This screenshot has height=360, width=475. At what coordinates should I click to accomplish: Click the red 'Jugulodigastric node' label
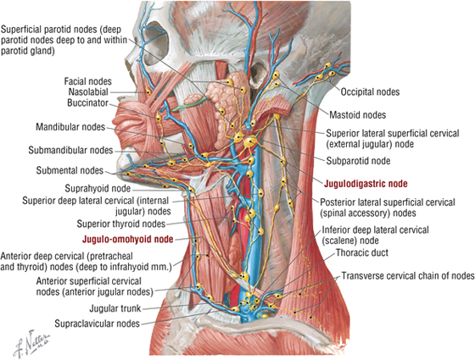(366, 183)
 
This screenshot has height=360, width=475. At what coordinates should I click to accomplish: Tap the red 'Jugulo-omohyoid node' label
(127, 239)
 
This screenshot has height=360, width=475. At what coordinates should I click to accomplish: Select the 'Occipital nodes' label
(370, 91)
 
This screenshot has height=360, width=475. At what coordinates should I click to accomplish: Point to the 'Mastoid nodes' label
(357, 114)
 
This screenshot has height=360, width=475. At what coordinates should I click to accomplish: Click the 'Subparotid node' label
(358, 161)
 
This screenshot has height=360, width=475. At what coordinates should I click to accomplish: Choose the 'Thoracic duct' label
(362, 252)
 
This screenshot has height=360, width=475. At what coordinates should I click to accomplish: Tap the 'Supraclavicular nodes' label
(97, 324)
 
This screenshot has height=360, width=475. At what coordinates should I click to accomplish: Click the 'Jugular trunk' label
(115, 308)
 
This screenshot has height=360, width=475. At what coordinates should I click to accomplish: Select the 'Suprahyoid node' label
(98, 189)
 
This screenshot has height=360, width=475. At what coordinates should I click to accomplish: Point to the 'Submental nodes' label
(70, 170)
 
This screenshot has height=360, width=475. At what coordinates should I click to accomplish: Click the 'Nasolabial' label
(88, 91)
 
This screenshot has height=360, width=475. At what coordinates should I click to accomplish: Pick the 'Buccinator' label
(87, 102)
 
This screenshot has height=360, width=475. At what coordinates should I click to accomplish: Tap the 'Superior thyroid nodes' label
(120, 224)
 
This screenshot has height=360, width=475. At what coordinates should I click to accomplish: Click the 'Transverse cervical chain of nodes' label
(408, 276)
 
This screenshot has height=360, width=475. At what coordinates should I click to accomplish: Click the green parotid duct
(190, 102)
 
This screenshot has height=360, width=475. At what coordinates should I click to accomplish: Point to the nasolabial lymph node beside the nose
(148, 92)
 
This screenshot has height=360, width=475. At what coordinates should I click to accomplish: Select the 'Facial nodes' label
(88, 81)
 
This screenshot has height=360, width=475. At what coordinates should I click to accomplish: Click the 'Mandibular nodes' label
(70, 127)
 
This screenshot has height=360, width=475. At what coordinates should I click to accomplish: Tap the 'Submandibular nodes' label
(70, 150)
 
